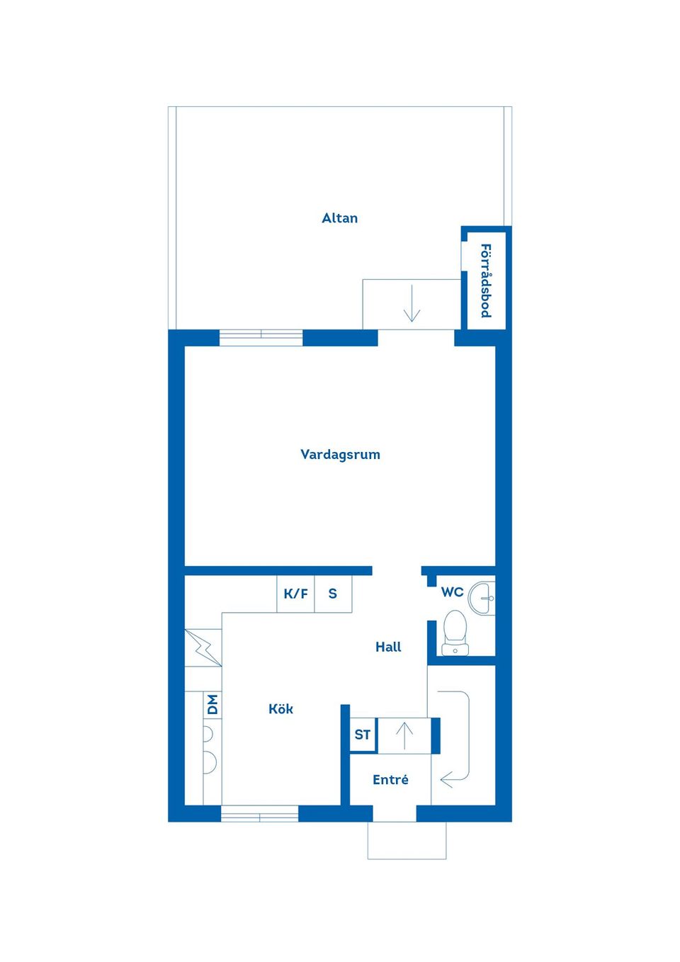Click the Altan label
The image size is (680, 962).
pyautogui.click(x=340, y=218)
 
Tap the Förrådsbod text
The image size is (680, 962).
pyautogui.click(x=486, y=281)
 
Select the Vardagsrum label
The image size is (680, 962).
pyautogui.click(x=340, y=455)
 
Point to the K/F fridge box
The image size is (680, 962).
pyautogui.click(x=295, y=594)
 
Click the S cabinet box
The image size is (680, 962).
pyautogui.click(x=333, y=594)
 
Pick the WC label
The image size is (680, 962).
pyautogui.click(x=452, y=592)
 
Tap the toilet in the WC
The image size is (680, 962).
pyautogui.click(x=455, y=633)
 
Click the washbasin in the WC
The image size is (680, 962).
pyautogui.click(x=483, y=597)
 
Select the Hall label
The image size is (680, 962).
pyautogui.click(x=388, y=647)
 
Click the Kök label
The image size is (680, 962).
pyautogui.click(x=280, y=709)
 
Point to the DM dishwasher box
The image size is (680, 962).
pyautogui.click(x=212, y=705)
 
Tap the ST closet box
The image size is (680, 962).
pyautogui.click(x=363, y=735)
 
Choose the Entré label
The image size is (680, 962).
pyautogui.click(x=390, y=780)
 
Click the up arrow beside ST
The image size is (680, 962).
pyautogui.click(x=404, y=736)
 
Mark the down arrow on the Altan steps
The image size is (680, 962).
pyautogui.click(x=412, y=305)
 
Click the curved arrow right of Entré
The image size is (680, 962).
pyautogui.click(x=457, y=737)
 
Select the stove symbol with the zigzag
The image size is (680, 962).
pyautogui.click(x=203, y=647)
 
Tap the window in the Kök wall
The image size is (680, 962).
pyautogui.click(x=259, y=814)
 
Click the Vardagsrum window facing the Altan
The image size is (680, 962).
pyautogui.click(x=261, y=337)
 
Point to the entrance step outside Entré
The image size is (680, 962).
pyautogui.click(x=407, y=841)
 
